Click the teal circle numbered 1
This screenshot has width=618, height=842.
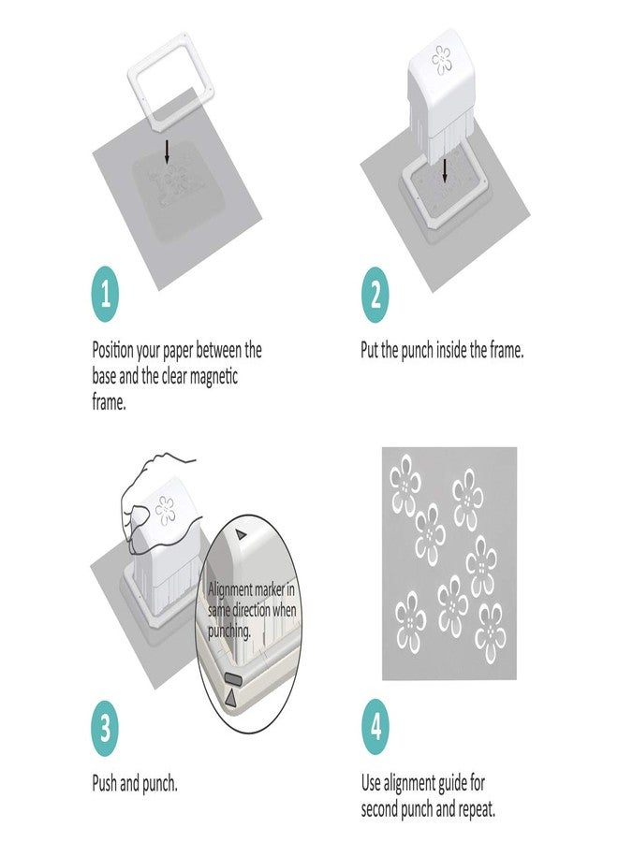click(x=105, y=295)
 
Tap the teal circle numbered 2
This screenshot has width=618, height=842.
click(x=375, y=295)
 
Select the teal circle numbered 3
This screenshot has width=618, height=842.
click(x=105, y=728)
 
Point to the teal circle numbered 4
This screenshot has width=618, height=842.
click(x=375, y=728)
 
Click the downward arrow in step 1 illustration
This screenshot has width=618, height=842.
click(x=167, y=152)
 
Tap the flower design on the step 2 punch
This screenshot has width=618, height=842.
click(x=442, y=60)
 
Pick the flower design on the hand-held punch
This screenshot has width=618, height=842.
click(x=165, y=511)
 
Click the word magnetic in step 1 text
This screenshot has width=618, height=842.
click(x=213, y=377)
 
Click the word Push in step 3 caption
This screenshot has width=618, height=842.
click(x=105, y=784)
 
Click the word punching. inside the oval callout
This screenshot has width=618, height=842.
click(x=229, y=631)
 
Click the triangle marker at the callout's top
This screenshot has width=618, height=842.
click(x=242, y=535)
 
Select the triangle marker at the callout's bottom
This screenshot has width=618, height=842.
click(x=230, y=698)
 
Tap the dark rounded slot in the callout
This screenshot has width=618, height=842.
click(x=234, y=679)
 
